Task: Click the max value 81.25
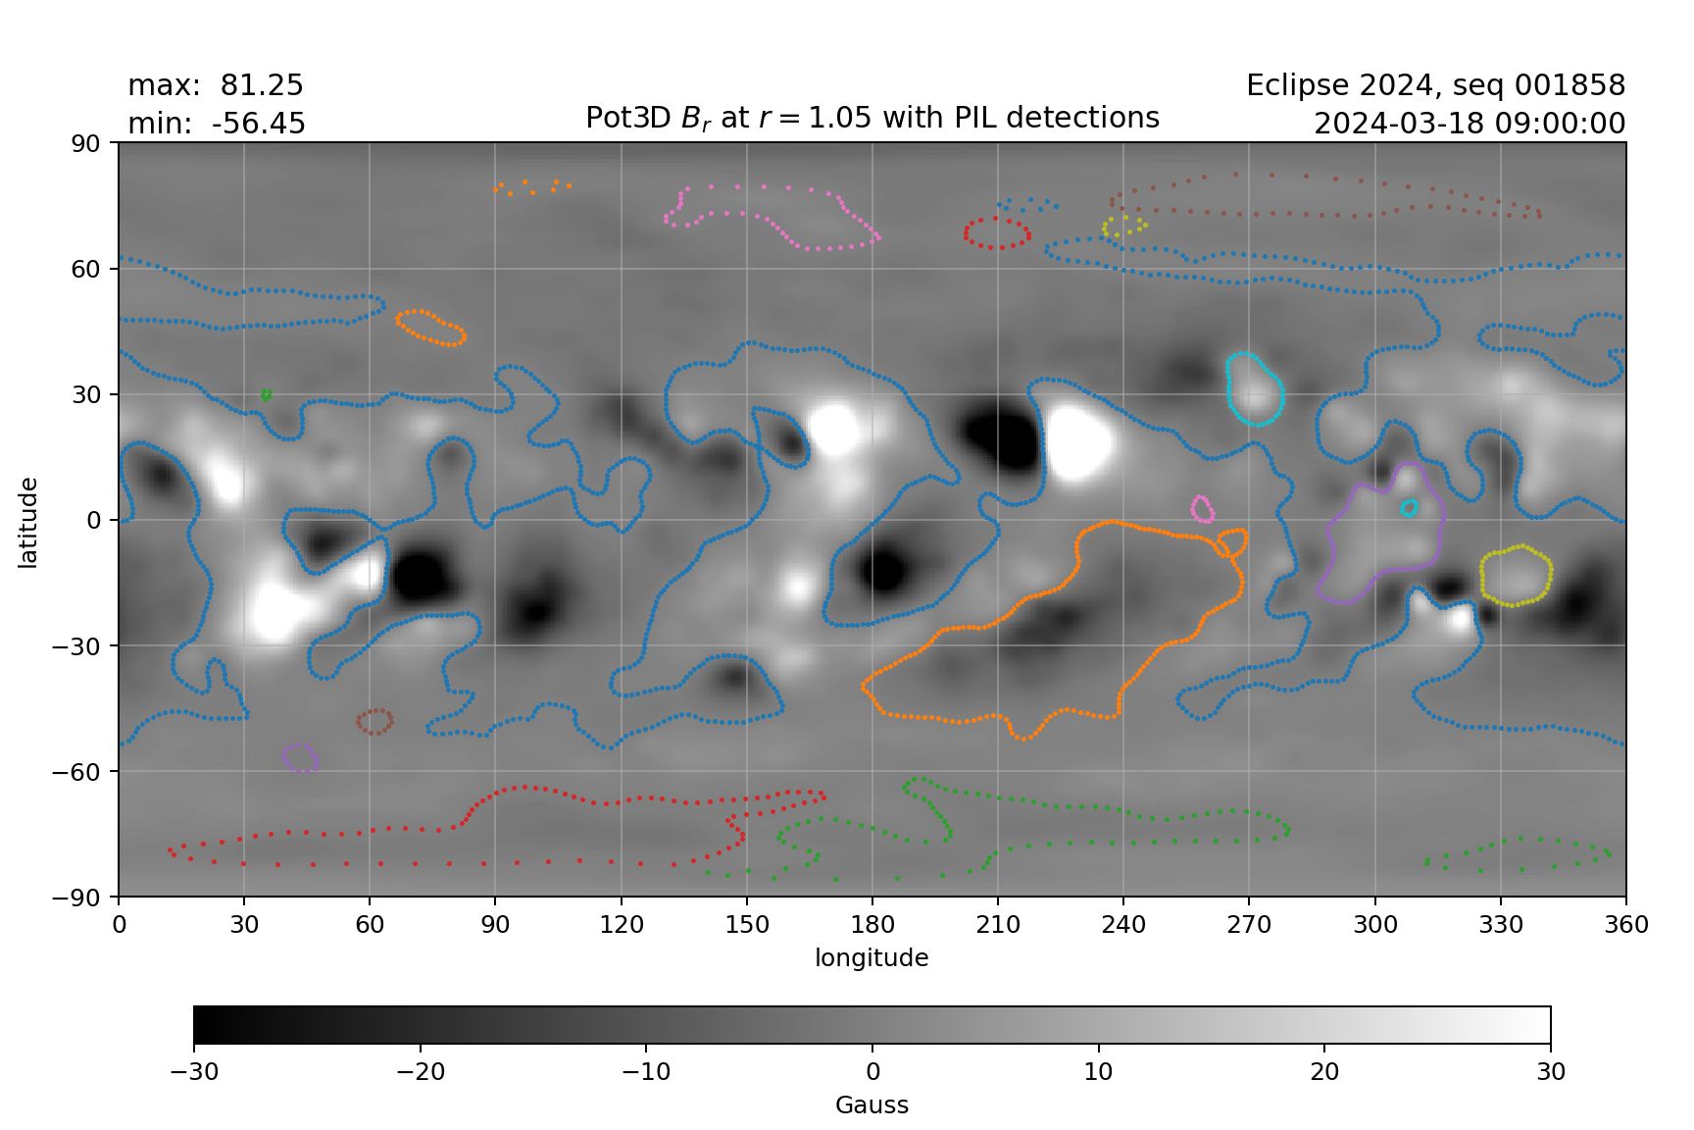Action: pos(261,86)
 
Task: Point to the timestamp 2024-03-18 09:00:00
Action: pos(1470,125)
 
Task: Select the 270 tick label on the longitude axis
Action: pos(1249,925)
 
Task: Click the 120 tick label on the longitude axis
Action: pos(622,925)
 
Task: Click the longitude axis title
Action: pos(872,958)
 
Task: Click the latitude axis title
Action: pos(27,522)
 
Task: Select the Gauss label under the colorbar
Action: pos(872,1105)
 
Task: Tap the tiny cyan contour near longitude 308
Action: pos(1410,507)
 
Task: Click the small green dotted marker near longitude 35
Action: pos(266,395)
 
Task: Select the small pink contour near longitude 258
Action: pos(1202,509)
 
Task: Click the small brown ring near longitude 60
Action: pos(374,722)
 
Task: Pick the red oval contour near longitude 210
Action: pos(997,233)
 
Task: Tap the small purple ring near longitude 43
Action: pos(299,757)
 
